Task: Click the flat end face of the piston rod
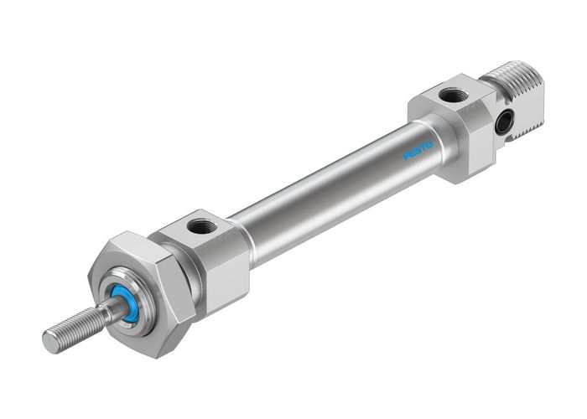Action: pos(51,342)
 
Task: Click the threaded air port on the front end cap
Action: pos(201,225)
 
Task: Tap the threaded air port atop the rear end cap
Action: pos(454,95)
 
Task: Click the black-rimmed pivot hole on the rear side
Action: pos(503,122)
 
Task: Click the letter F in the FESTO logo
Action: pos(407,156)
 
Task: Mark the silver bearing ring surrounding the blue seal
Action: pos(117,293)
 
